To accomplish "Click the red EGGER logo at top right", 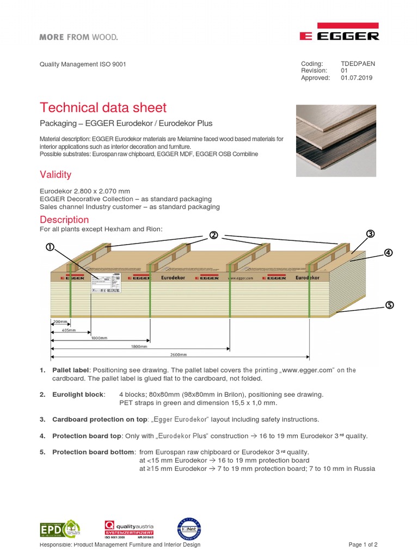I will [339, 33].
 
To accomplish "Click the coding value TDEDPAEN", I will [358, 64].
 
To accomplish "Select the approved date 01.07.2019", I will [356, 78].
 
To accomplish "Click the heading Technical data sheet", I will [103, 107].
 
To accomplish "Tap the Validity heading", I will [56, 175].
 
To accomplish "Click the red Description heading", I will [64, 220].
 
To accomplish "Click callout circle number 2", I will [213, 235].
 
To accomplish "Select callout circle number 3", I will [370, 234].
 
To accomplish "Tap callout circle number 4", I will [388, 253].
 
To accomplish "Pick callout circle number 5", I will [389, 305].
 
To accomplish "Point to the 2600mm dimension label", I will [179, 354].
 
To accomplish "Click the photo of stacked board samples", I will [336, 141].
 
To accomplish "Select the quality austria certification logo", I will [129, 529].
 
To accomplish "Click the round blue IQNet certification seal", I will [189, 528].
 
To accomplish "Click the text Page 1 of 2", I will [362, 545].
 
